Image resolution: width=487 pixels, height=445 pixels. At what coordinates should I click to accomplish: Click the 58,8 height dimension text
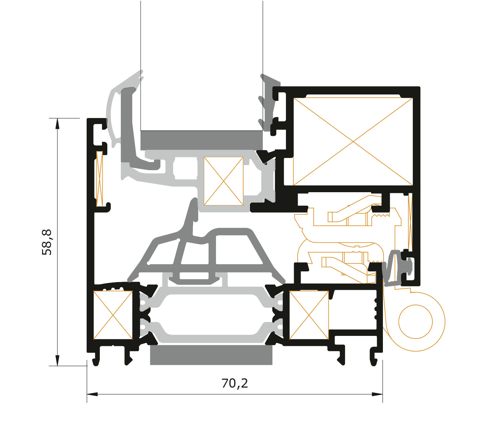click(x=47, y=242)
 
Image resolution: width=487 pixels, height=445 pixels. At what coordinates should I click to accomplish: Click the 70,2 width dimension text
click(x=235, y=383)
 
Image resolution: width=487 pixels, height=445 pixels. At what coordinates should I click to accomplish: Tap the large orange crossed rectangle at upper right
click(x=353, y=141)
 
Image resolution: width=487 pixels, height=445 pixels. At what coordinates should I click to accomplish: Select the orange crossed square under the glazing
click(x=223, y=181)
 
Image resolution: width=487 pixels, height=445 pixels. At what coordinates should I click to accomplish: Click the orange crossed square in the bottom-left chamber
click(x=113, y=315)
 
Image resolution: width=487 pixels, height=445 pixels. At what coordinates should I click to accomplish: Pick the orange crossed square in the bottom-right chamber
click(x=309, y=315)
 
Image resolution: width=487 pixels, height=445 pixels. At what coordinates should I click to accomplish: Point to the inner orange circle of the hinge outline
click(x=415, y=322)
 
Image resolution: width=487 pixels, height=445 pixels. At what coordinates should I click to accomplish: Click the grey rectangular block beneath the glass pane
click(x=201, y=140)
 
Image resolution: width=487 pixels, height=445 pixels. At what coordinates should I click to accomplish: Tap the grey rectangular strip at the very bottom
click(x=211, y=355)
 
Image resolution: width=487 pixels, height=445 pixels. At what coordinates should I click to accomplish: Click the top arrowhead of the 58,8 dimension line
click(x=57, y=123)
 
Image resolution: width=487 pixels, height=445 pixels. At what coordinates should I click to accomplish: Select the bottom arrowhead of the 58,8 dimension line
click(x=57, y=360)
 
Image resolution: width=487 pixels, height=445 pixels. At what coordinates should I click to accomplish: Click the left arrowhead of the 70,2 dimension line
click(x=92, y=394)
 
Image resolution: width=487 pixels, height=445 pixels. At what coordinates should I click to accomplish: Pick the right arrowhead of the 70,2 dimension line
click(x=377, y=394)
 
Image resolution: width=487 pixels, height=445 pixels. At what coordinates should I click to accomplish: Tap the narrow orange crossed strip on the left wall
click(x=99, y=179)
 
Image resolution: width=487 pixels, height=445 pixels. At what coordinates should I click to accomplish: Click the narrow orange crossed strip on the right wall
click(x=410, y=222)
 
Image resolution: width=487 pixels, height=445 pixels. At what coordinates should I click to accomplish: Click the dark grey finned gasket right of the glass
click(x=269, y=102)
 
